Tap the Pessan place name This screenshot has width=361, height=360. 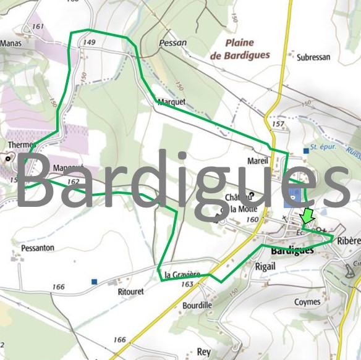pyautogui.click(x=172, y=43)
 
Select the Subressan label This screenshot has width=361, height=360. pyautogui.click(x=313, y=57)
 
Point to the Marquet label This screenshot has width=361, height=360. pyautogui.click(x=171, y=103)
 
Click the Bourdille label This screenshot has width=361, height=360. pyautogui.click(x=197, y=305)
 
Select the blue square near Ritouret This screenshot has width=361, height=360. pyautogui.click(x=94, y=282)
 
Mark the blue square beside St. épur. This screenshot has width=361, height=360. pyautogui.click(x=306, y=151)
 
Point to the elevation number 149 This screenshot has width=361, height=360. pyautogui.click(x=88, y=42)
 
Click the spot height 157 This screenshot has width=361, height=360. pyautogui.click(x=278, y=124)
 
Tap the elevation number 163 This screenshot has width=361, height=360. pyautogui.click(x=188, y=284)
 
